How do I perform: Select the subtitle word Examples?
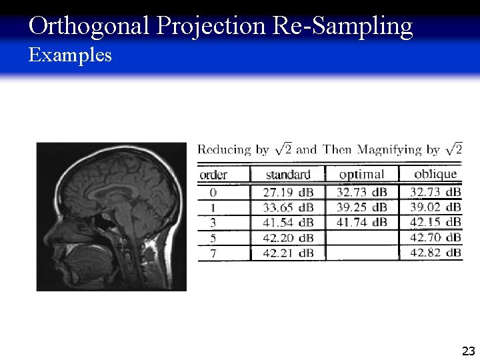click(x=71, y=55)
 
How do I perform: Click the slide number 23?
click(x=468, y=351)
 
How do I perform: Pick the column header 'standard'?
click(x=288, y=175)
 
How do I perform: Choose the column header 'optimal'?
click(x=361, y=174)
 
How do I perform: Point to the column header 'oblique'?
click(x=435, y=174)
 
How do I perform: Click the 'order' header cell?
click(x=213, y=175)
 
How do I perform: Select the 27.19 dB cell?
click(x=288, y=192)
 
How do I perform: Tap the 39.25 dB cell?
click(x=361, y=207)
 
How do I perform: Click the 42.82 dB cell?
click(x=435, y=252)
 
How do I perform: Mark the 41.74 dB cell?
click(x=361, y=222)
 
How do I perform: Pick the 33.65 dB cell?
click(x=288, y=207)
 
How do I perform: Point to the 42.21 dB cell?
click(x=288, y=252)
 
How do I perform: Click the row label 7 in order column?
click(x=213, y=252)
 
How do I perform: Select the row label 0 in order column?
click(x=213, y=192)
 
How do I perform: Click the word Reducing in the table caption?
click(x=224, y=150)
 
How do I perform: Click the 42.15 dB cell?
click(x=435, y=222)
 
